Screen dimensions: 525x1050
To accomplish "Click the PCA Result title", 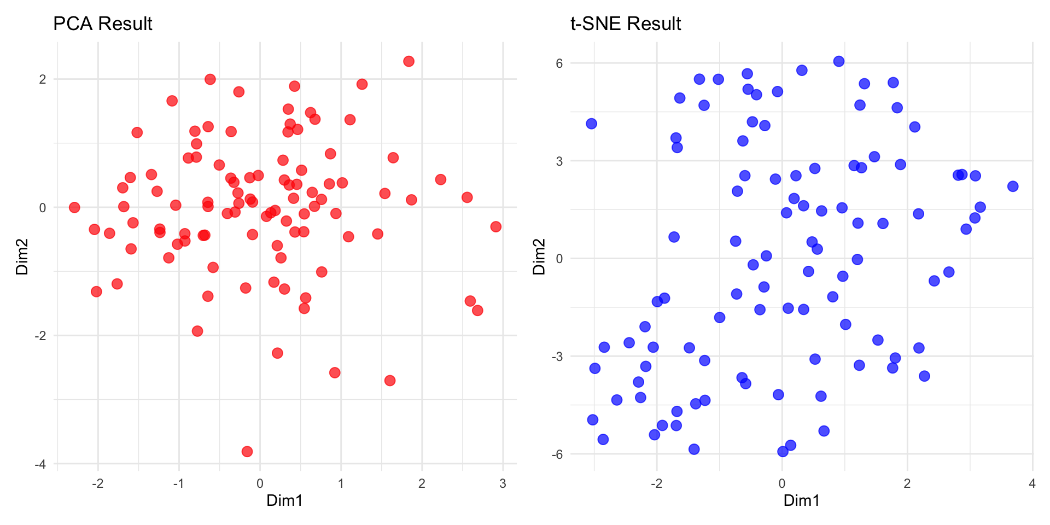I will click(102, 24).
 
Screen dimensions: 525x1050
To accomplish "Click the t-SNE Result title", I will click(625, 24).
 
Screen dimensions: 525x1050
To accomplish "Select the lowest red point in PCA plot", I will click(247, 451).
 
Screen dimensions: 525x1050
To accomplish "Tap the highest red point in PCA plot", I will click(409, 61).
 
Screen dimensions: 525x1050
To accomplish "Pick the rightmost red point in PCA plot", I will click(495, 226).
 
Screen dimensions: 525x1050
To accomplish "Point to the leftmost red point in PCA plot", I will click(74, 207).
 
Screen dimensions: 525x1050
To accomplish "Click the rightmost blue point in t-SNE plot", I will click(1013, 186).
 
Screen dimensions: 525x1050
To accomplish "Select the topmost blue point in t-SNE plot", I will click(839, 61).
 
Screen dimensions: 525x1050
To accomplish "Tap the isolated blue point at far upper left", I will click(591, 124).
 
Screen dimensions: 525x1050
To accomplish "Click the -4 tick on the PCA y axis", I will click(40, 464).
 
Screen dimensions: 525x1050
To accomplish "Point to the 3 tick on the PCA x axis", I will click(503, 483).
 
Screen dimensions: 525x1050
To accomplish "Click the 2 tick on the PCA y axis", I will click(43, 79).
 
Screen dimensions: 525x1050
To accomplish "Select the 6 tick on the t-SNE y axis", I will click(559, 63).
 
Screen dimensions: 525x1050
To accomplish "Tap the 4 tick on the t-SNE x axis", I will click(1032, 483).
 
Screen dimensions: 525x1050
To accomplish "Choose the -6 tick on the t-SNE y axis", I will click(557, 454).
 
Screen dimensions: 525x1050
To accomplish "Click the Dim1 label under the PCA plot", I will click(284, 500).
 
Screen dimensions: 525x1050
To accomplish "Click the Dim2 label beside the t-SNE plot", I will click(539, 256).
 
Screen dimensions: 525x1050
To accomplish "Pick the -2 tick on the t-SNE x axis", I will click(656, 483).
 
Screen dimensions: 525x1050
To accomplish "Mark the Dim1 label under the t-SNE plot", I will click(801, 500).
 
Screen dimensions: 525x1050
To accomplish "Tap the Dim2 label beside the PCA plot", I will click(22, 256).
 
